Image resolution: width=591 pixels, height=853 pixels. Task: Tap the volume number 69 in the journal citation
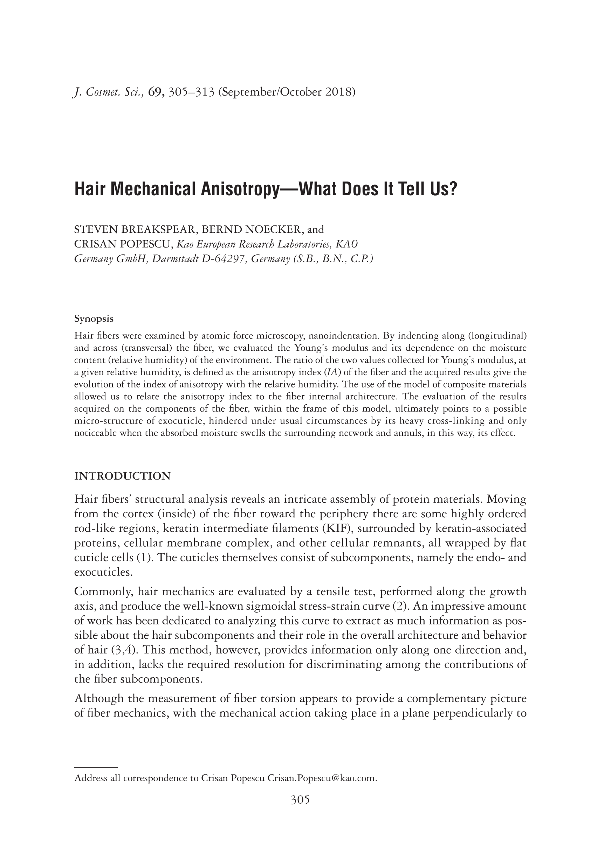154,92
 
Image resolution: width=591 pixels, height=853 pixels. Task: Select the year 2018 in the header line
338,92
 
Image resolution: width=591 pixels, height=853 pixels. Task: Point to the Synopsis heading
94,319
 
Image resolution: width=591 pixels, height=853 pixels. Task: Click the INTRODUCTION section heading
123,476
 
